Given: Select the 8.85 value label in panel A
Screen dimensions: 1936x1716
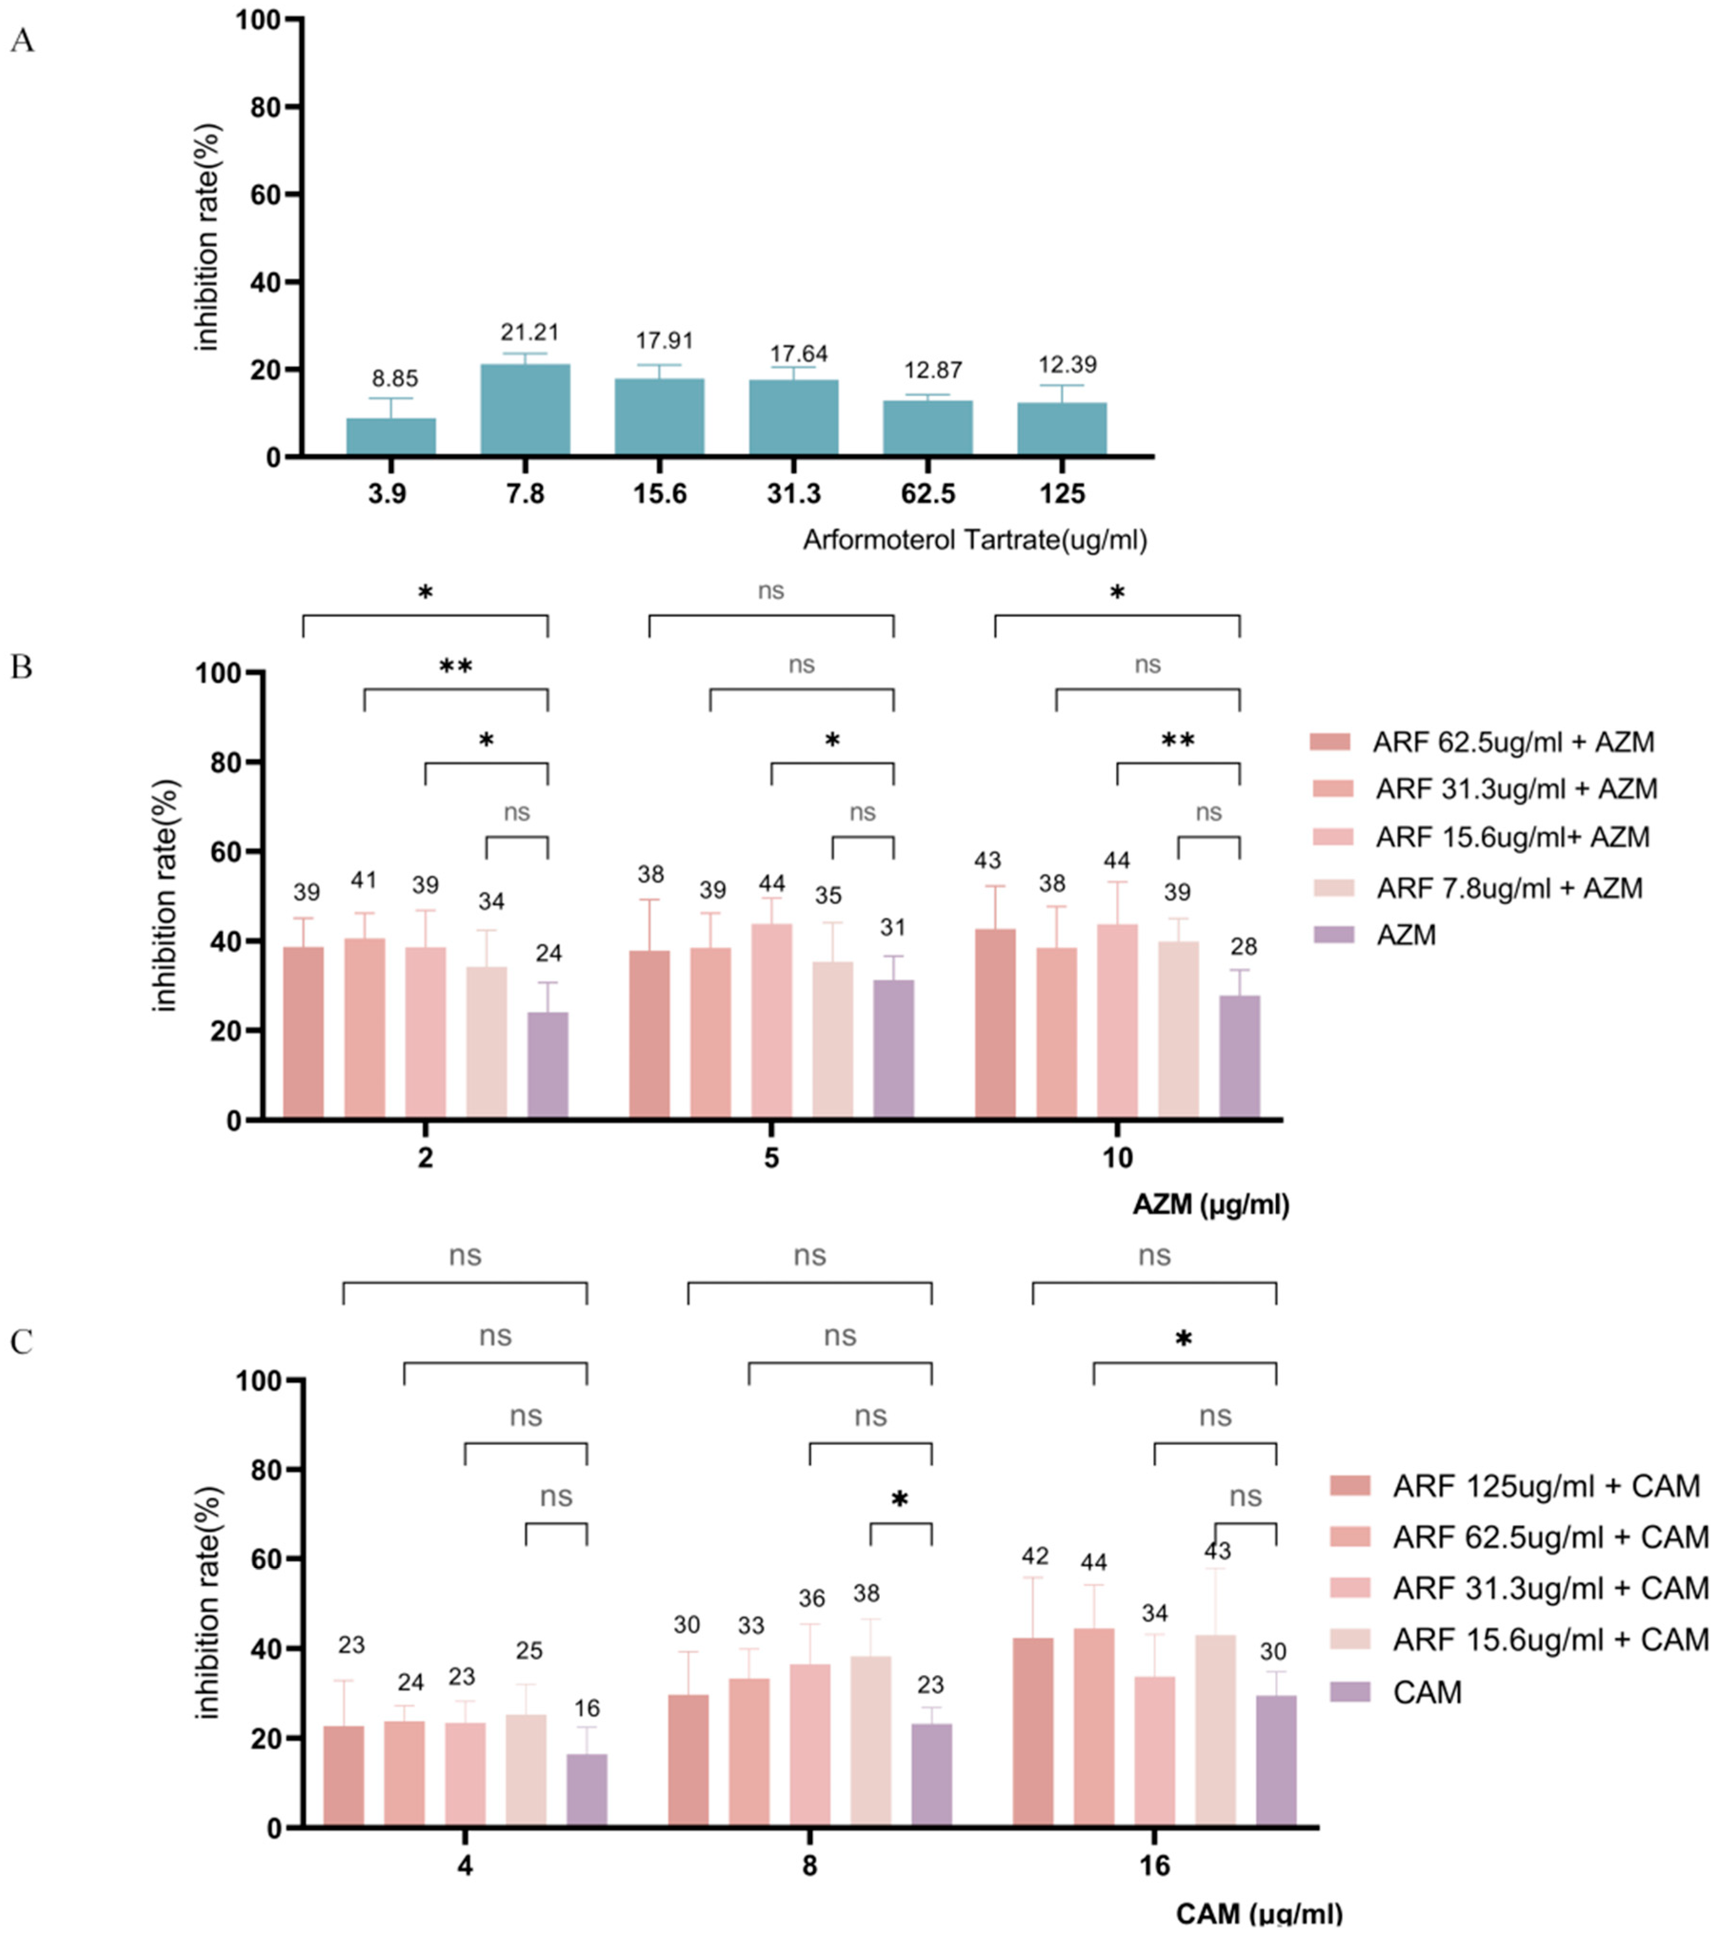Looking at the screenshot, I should [x=394, y=379].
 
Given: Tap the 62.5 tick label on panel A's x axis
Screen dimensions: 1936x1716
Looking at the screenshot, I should [x=928, y=493].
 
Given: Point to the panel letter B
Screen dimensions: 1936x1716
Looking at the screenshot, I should [x=21, y=667].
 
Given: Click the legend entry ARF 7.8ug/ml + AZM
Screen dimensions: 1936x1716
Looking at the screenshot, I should [x=1508, y=888].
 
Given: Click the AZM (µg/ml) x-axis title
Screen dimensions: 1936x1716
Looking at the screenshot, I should [x=1210, y=1205].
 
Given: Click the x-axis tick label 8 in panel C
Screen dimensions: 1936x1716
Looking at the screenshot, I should [x=810, y=1866].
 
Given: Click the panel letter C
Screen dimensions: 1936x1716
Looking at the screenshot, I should [x=21, y=1342].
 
